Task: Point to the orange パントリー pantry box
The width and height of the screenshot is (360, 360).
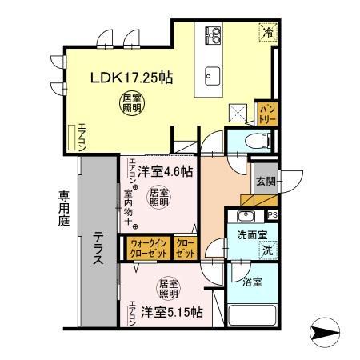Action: click(x=266, y=111)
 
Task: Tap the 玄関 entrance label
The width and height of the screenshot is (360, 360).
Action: click(x=266, y=182)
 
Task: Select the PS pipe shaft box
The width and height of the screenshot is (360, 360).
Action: click(x=273, y=214)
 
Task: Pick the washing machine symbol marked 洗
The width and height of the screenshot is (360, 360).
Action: click(x=268, y=249)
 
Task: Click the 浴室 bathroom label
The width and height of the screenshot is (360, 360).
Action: click(x=250, y=283)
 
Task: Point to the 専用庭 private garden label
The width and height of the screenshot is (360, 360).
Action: click(x=64, y=210)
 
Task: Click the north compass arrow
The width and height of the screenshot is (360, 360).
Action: click(x=322, y=329)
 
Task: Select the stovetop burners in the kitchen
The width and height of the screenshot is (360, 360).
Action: click(x=214, y=34)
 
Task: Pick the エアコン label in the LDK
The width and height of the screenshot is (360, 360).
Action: click(x=81, y=137)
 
